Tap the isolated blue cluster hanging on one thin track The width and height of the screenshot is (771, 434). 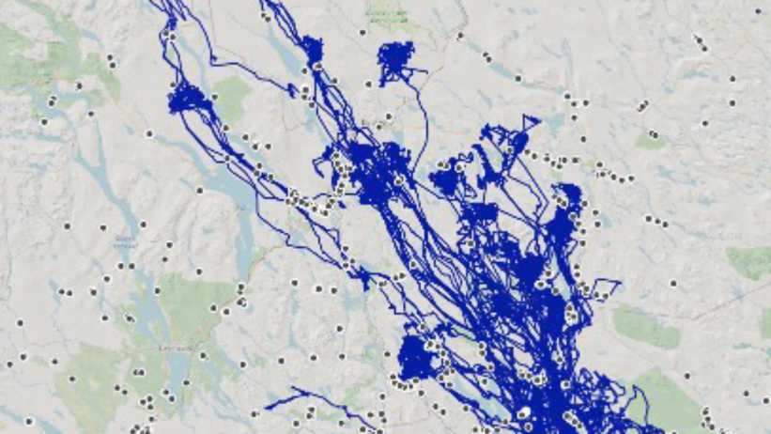tap(401, 62)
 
